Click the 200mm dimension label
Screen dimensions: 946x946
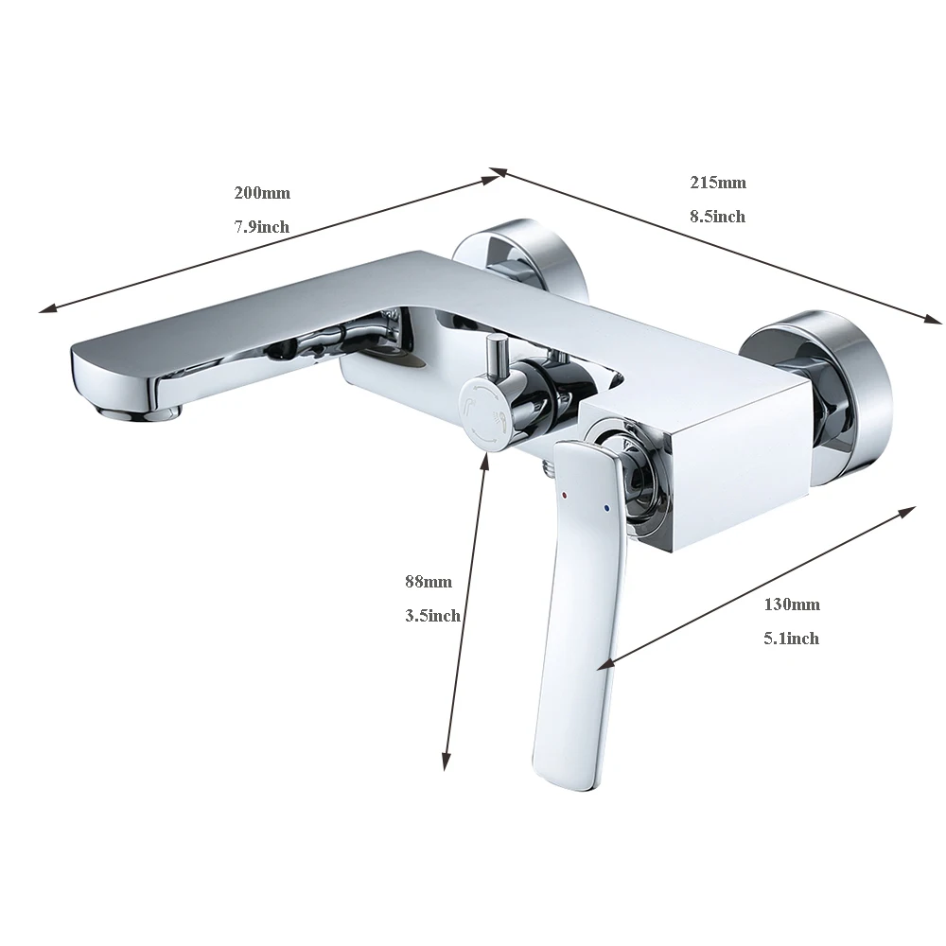point(262,193)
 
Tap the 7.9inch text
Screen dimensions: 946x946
point(261,227)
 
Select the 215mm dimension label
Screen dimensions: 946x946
point(717,182)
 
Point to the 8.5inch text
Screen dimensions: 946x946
point(717,217)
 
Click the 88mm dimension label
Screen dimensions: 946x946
point(428,582)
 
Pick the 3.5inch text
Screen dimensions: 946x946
point(432,616)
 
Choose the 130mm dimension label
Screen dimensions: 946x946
point(792,604)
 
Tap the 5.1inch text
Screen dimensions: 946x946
point(791,639)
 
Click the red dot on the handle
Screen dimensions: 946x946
point(566,495)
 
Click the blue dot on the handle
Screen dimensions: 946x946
point(606,509)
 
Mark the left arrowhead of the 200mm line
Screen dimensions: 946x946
point(44,308)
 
